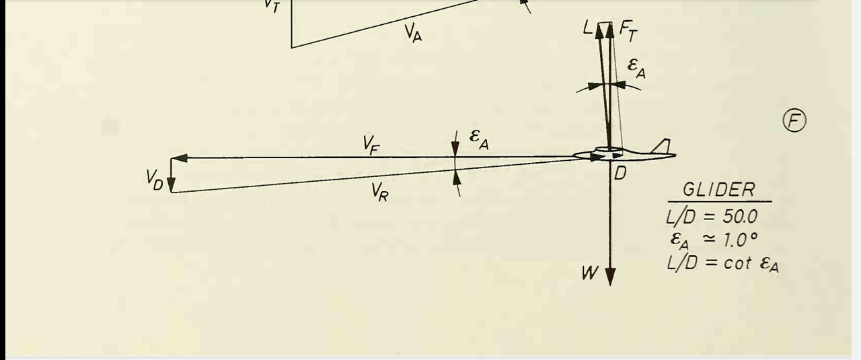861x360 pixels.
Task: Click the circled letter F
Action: [x=794, y=121]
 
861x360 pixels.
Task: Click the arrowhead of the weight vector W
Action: [x=610, y=277]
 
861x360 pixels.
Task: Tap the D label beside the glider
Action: [x=620, y=174]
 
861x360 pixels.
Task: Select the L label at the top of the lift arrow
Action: [x=588, y=28]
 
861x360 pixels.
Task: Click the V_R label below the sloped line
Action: [x=379, y=193]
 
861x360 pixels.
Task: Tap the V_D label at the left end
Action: [x=155, y=179]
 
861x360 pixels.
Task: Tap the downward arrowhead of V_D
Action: [x=171, y=186]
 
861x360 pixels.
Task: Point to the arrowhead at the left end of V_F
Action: [x=178, y=157]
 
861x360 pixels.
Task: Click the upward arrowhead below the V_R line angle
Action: [x=457, y=176]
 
